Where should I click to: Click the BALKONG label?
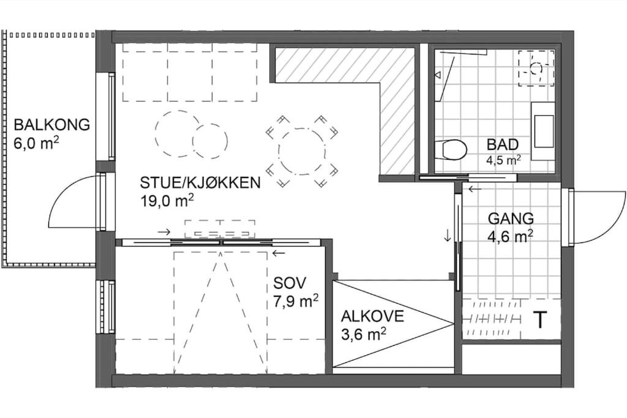pos(52,125)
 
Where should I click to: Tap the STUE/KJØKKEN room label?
pos(200,182)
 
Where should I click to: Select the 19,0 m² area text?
pos(167,200)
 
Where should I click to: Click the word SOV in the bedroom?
pos(290,283)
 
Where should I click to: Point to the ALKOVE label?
pos(372,316)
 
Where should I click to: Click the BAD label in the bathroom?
pos(503,144)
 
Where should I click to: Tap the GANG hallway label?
pos(511,218)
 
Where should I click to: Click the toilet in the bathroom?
pos(451,149)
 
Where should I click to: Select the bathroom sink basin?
pos(543,131)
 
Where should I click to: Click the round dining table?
pos(302,152)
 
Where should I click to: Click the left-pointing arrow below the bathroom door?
pos(475,189)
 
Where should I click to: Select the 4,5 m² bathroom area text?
pos(503,160)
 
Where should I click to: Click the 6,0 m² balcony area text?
pos(36,143)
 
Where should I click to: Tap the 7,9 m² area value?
pos(296,300)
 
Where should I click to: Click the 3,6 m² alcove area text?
pos(364,334)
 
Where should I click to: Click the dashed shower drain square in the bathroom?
pos(536,68)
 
